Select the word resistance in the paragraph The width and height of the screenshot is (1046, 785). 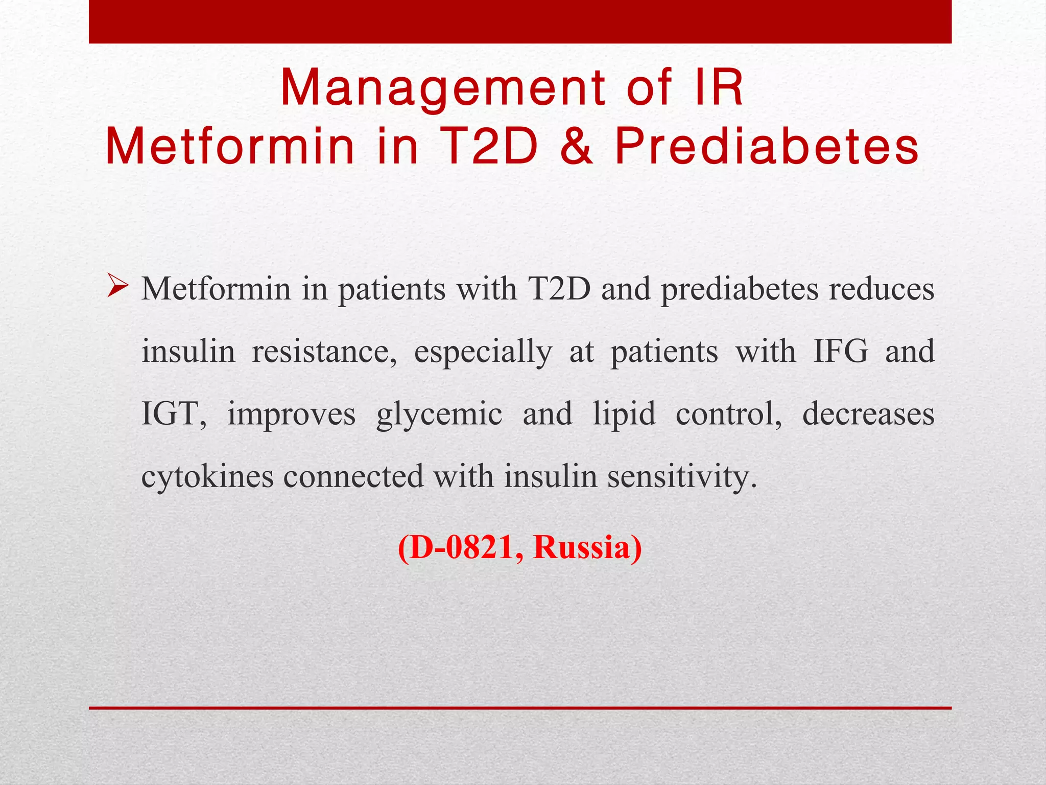point(324,352)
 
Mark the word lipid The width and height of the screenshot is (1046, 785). point(624,414)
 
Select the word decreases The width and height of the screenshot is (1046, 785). point(868,414)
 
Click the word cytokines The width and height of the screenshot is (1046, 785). point(207,476)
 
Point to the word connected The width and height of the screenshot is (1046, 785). point(353,476)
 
